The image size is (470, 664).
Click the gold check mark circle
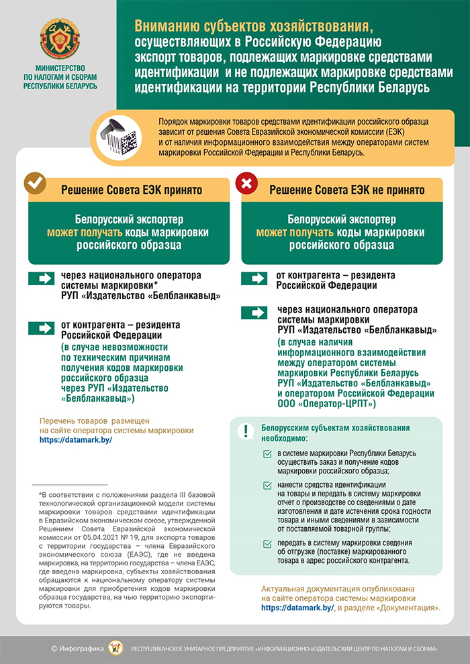[35, 182]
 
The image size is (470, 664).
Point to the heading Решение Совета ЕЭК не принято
[346, 190]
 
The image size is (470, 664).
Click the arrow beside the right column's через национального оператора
[255, 313]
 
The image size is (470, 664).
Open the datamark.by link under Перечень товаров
[75, 440]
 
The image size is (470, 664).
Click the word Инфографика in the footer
[83, 649]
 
